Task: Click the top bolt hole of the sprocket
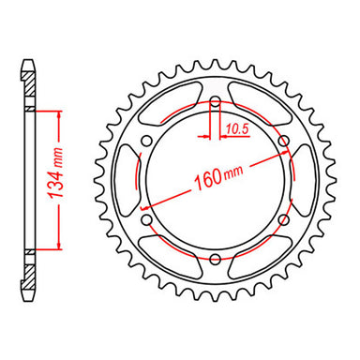215,101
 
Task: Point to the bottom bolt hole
215,258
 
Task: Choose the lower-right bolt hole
282,218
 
